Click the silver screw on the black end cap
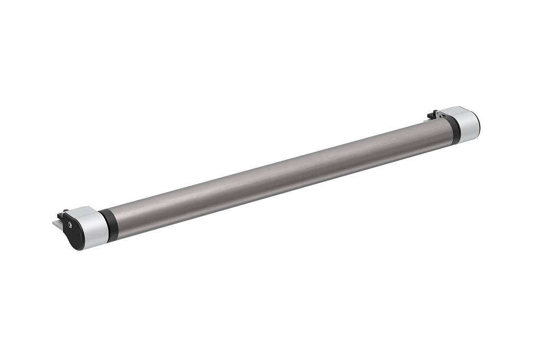click(x=70, y=225)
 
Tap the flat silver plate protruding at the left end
click(x=57, y=223)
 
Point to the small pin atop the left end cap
click(x=66, y=211)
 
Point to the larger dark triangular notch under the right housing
click(x=444, y=116)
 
